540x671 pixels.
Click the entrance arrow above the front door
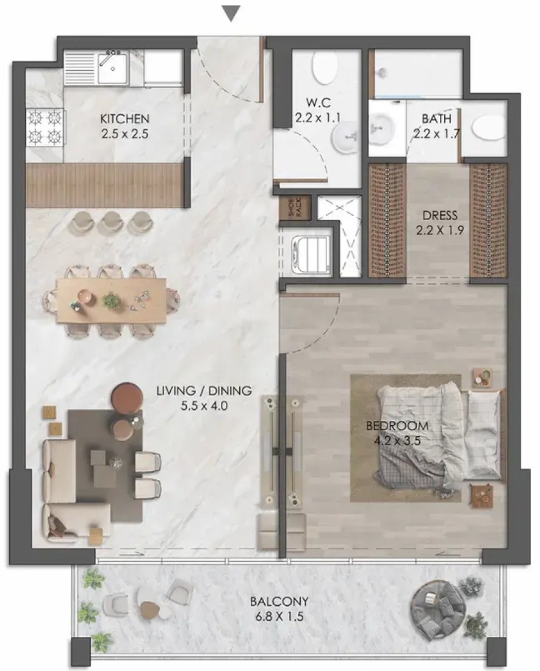coord(231,13)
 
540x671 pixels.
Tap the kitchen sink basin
coord(112,68)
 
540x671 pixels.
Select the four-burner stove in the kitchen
coord(45,127)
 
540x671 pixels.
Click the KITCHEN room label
coord(124,118)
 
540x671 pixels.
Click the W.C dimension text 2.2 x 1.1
coord(317,118)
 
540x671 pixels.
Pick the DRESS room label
coord(440,215)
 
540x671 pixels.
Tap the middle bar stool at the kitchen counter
coord(112,223)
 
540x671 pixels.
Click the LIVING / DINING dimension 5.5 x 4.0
coord(204,406)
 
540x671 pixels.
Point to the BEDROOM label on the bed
coord(397,426)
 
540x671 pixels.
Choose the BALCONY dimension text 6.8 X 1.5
coord(279,617)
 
